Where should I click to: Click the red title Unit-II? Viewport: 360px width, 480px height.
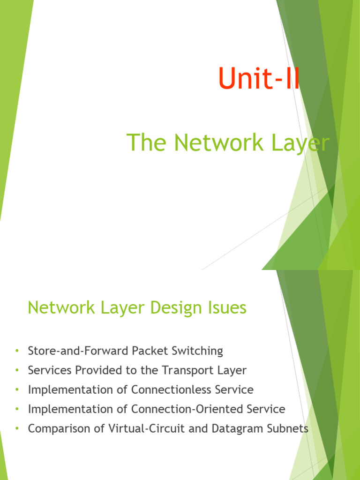[x=259, y=79]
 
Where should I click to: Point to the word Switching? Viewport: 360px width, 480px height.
[x=199, y=351]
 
